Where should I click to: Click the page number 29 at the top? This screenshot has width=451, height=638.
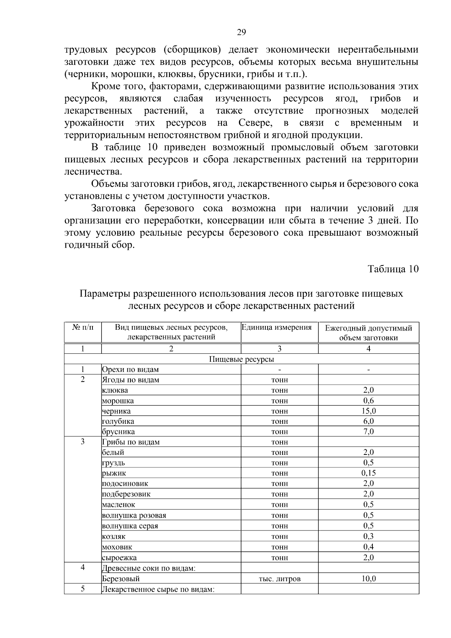(241, 32)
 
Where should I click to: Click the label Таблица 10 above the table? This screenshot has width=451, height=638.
(393, 269)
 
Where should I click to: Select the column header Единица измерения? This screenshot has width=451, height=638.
(277, 327)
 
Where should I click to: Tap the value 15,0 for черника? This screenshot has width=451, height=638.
(368, 411)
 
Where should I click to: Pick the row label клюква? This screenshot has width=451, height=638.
(115, 390)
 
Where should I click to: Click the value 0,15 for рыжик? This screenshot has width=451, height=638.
(368, 473)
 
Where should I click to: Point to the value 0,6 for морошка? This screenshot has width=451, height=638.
(368, 401)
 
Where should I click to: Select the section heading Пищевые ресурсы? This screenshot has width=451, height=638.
(241, 359)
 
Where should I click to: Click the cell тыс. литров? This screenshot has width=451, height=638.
(279, 579)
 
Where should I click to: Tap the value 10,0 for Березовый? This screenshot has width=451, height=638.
(368, 579)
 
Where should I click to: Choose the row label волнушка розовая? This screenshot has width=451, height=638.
(134, 515)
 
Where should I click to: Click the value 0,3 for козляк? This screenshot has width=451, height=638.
(368, 536)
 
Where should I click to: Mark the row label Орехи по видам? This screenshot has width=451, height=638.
(130, 370)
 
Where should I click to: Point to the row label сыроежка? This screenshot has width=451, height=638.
(120, 558)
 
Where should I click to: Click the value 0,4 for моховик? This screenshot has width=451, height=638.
(368, 547)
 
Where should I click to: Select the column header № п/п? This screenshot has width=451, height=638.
(82, 327)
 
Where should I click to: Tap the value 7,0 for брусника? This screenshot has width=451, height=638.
(368, 432)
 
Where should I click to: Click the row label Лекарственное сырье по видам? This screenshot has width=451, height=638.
(158, 589)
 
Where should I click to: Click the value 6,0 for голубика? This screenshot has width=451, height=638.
(368, 421)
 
